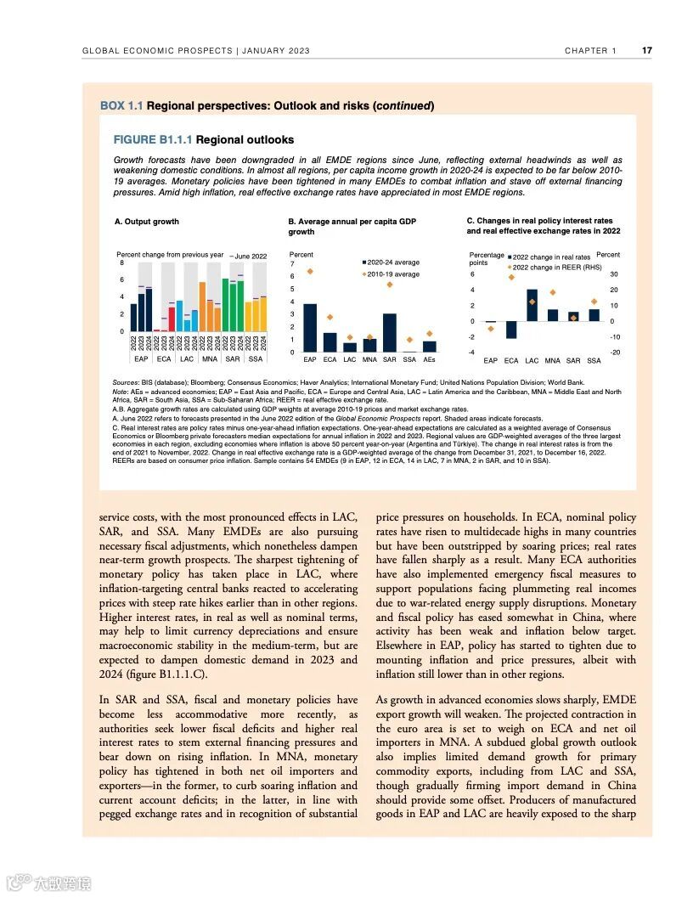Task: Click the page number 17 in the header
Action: tap(647, 51)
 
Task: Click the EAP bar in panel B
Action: tap(310, 328)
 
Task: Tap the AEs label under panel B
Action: tap(430, 360)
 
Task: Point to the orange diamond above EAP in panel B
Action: tap(310, 271)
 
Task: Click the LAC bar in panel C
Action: tap(532, 305)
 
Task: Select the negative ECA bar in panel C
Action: tap(511, 330)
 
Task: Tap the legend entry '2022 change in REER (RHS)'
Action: tap(556, 267)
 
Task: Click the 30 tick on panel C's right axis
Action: tap(614, 274)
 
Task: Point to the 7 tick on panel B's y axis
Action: tap(291, 264)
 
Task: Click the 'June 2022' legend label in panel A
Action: tap(251, 256)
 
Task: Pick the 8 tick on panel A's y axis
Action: tap(122, 263)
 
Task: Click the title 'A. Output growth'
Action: tap(146, 222)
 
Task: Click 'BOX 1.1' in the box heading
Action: tap(121, 106)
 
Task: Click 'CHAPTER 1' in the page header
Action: tap(591, 51)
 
